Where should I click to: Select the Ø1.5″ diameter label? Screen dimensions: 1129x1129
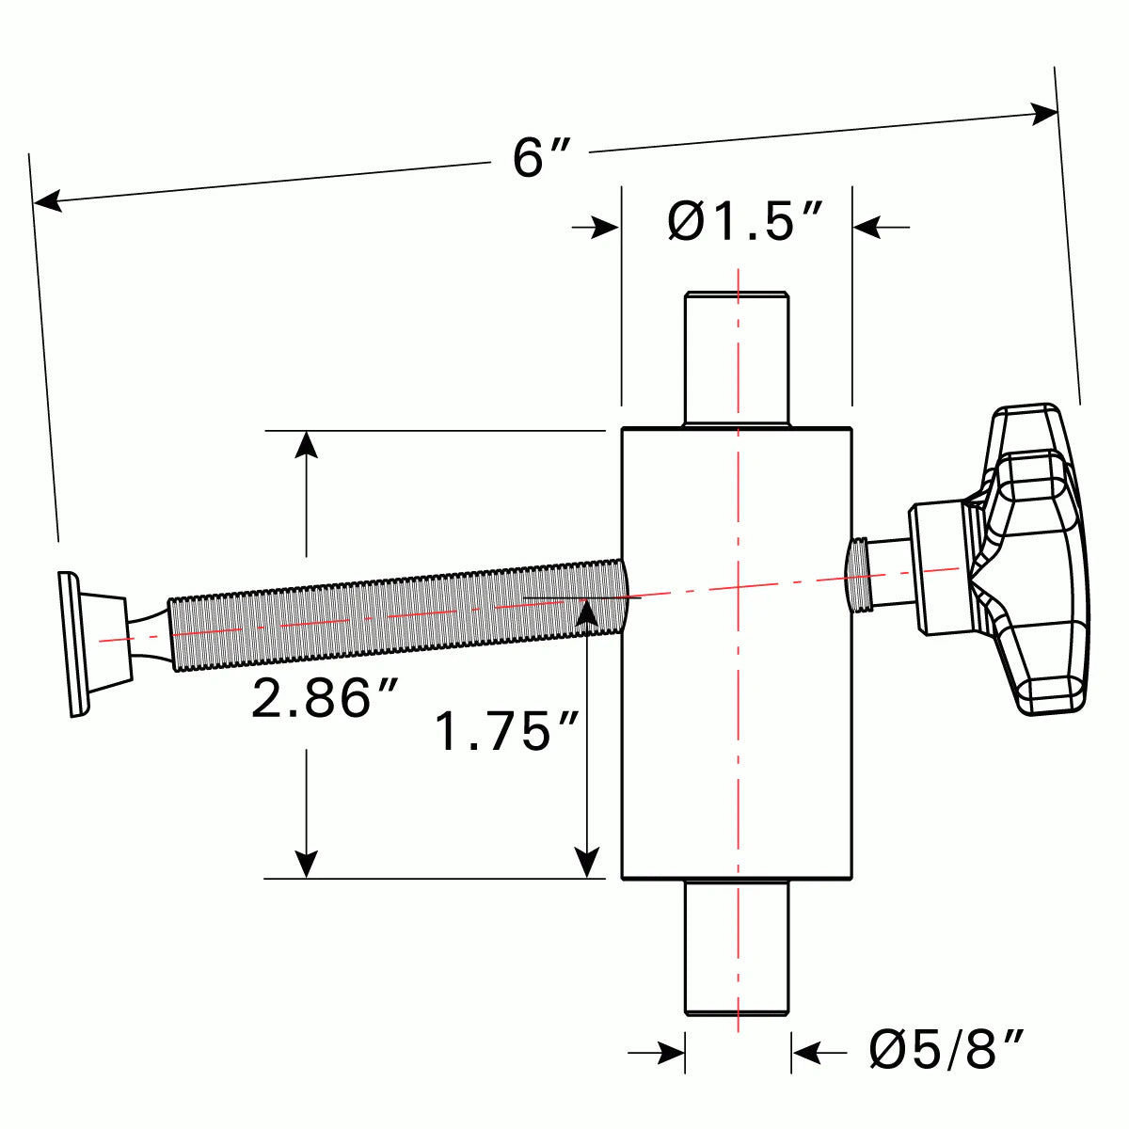[745, 222]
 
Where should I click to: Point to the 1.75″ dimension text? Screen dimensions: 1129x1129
[506, 732]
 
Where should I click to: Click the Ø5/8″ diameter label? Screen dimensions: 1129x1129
[946, 1049]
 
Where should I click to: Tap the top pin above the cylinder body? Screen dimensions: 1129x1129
[736, 358]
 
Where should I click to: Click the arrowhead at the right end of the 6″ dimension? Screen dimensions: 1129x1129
[1044, 114]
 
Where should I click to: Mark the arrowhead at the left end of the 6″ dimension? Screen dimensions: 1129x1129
[48, 200]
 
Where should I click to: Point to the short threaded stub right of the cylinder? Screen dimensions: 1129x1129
[857, 574]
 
